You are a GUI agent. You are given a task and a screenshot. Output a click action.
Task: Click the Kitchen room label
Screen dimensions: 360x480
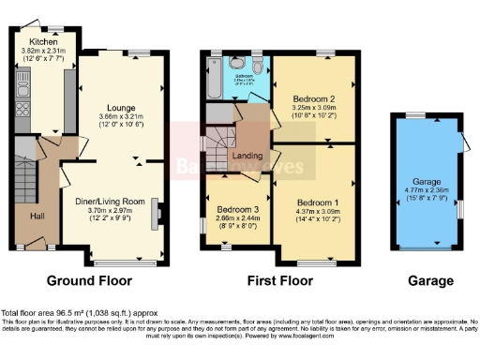38,42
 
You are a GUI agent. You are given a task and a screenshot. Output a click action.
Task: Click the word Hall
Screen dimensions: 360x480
37,217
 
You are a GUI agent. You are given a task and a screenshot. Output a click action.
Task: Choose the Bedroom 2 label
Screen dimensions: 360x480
313,97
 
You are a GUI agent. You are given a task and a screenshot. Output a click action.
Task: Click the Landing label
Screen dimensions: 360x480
247,156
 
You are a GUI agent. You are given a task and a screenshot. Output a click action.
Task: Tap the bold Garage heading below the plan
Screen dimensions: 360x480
431,280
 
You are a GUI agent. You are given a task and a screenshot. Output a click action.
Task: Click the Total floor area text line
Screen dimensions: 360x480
80,312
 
